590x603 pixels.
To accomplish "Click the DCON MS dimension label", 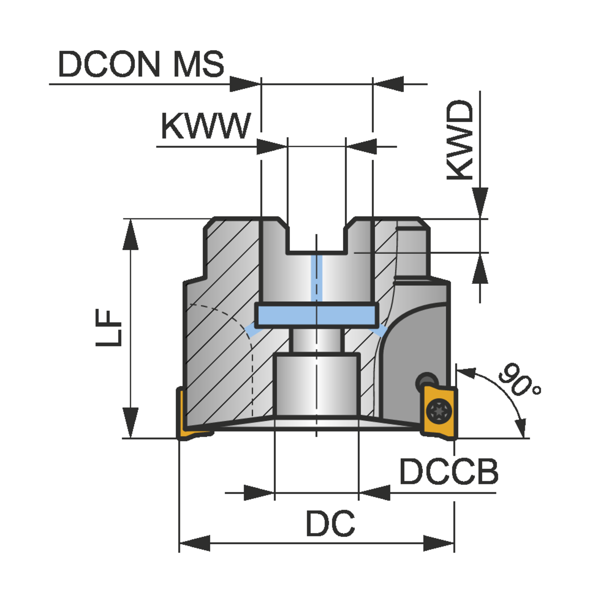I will point(141,64).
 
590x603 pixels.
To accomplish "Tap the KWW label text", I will point(205,126).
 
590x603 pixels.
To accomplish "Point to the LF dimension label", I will point(108,328).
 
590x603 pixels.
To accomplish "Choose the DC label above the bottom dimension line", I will point(330,523).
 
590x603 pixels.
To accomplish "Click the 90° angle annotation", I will point(519,380).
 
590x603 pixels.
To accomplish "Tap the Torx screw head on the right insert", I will point(439,411).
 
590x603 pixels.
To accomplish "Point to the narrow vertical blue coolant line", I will point(316,277).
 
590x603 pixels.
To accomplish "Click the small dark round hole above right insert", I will point(427,381).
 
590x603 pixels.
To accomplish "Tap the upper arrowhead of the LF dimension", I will point(130,235).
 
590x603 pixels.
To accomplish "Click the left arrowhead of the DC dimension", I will point(195,544).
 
